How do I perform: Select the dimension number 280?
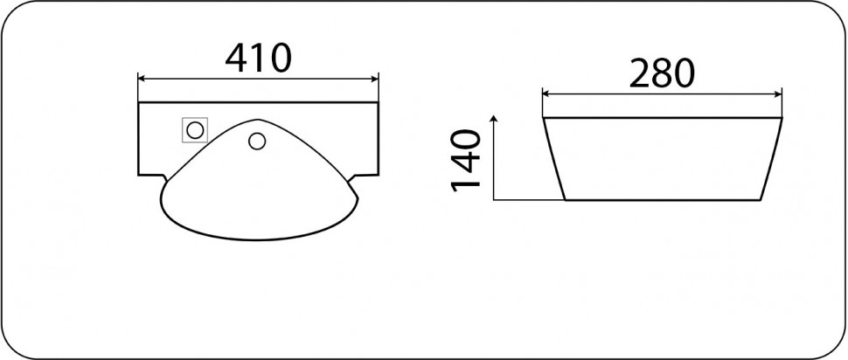click(662, 73)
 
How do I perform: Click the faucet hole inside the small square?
click(194, 131)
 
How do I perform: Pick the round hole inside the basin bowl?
click(257, 140)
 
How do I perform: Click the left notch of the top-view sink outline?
click(162, 178)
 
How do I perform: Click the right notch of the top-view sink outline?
click(357, 178)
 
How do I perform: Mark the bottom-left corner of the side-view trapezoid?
click(565, 199)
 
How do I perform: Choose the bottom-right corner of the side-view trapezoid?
click(759, 199)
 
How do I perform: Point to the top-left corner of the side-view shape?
click(543, 116)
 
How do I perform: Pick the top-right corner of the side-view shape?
click(782, 116)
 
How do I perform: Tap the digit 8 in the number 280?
click(662, 73)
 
